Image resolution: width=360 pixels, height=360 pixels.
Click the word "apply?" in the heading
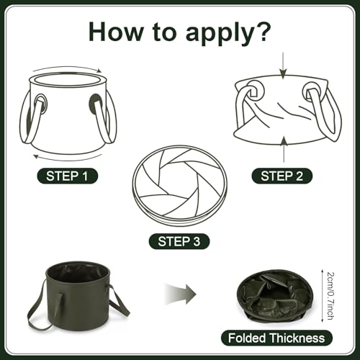[x=228, y=33]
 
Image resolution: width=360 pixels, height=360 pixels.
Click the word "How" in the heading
[x=116, y=32]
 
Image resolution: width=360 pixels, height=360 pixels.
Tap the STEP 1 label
[x=67, y=176]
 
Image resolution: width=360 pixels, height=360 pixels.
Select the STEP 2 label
[x=282, y=176]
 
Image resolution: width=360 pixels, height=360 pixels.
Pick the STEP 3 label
[x=179, y=241]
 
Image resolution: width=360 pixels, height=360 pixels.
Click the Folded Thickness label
[x=276, y=338]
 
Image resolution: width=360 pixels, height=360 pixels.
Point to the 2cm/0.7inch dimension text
[x=330, y=296]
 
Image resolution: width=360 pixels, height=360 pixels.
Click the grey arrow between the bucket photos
[x=181, y=294]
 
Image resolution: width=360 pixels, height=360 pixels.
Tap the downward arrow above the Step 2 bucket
[x=284, y=66]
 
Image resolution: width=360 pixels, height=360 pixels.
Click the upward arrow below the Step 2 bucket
[x=284, y=149]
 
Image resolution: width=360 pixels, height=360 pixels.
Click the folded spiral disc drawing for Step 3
[x=179, y=185]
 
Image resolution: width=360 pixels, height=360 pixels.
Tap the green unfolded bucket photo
[x=78, y=297]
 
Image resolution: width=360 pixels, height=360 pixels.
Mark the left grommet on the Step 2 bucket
[x=254, y=91]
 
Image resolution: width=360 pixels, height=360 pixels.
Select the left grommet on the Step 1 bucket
[x=41, y=104]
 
